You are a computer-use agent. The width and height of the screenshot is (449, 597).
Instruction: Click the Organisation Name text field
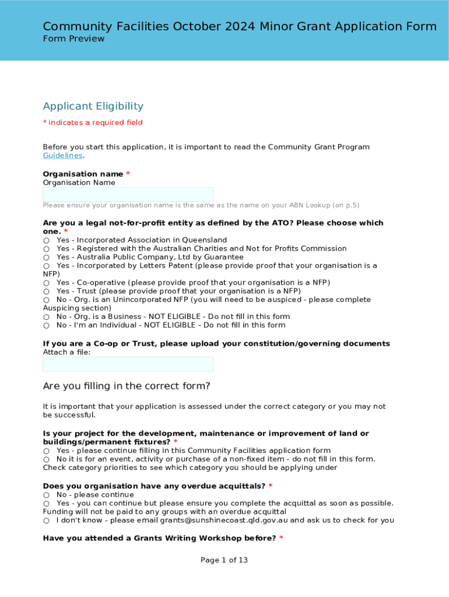pos(128,195)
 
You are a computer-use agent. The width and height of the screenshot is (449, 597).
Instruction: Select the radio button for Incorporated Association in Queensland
pos(46,240)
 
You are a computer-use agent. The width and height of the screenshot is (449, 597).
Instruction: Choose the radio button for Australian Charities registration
pos(46,249)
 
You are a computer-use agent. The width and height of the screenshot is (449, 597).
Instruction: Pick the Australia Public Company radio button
pos(46,257)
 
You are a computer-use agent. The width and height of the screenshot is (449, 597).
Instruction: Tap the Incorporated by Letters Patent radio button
pos(46,266)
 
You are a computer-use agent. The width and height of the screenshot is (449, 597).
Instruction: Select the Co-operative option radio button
pos(46,283)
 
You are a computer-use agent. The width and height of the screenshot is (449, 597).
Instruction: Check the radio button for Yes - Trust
pos(46,291)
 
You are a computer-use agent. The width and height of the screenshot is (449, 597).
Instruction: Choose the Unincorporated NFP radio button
pos(46,300)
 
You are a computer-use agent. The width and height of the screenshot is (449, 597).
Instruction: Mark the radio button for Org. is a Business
pos(46,317)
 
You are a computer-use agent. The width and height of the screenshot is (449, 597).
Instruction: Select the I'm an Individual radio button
pos(46,325)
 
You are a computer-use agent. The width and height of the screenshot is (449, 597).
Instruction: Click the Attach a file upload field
pos(128,364)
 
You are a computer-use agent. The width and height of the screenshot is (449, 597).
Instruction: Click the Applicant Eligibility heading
pos(93,106)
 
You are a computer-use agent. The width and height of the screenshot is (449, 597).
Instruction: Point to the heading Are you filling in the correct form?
pos(126,386)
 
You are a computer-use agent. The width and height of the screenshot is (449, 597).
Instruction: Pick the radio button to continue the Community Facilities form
pos(46,451)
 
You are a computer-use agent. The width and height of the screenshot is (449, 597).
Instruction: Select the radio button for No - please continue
pos(46,495)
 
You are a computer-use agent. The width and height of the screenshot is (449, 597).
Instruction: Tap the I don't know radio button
pos(46,520)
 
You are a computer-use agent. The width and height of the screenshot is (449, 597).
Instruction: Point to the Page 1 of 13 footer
pos(224,560)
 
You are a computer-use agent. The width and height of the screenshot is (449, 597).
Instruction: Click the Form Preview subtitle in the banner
pos(73,39)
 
